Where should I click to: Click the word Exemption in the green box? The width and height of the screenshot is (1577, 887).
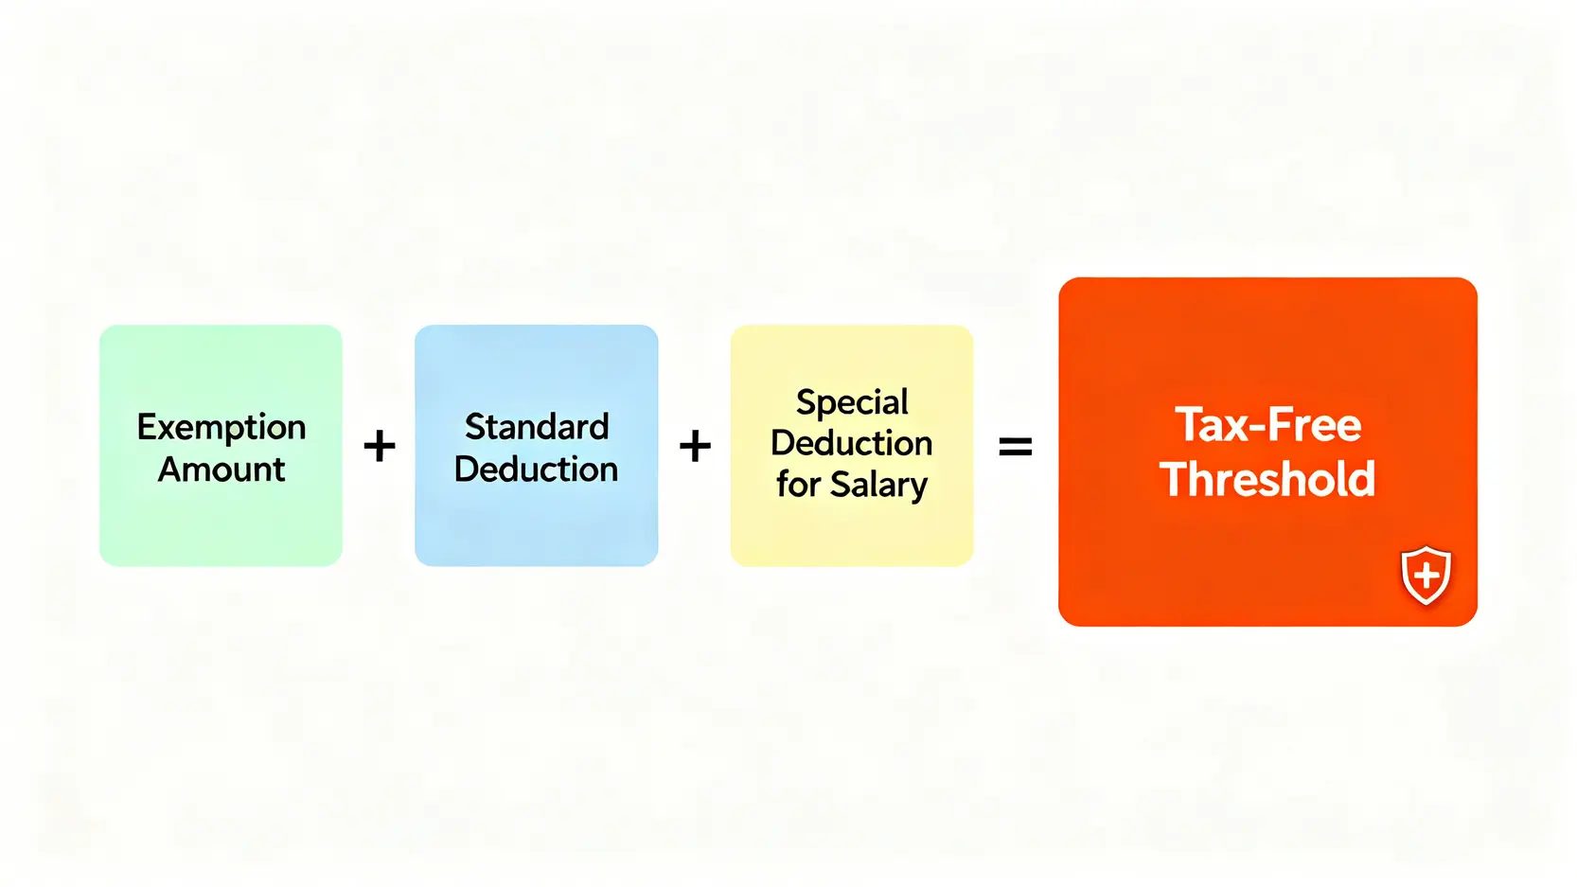[x=221, y=428]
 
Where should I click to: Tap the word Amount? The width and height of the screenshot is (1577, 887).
[x=221, y=470]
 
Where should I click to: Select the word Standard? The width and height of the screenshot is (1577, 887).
[x=536, y=427]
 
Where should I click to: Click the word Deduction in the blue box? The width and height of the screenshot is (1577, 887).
[x=536, y=470]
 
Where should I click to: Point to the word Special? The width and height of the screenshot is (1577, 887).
[x=852, y=402]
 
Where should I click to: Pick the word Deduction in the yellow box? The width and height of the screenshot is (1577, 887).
[x=852, y=443]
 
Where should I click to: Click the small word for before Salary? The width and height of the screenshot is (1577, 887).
[x=798, y=485]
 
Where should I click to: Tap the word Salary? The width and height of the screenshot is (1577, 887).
[x=878, y=486]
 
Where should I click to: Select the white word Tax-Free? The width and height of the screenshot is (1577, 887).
[x=1267, y=425]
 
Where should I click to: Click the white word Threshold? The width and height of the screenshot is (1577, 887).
[x=1267, y=479]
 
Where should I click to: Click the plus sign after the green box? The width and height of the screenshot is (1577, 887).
[x=379, y=446]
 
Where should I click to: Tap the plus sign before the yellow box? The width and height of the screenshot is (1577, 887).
[x=695, y=446]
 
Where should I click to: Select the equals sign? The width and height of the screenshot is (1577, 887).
[x=1015, y=446]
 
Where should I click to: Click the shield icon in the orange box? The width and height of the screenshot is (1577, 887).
[x=1426, y=575]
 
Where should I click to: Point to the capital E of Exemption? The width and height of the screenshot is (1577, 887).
[x=148, y=427]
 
